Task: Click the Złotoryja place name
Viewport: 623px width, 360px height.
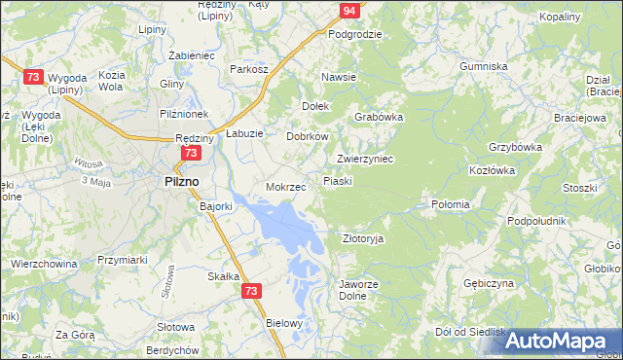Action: pos(364,238)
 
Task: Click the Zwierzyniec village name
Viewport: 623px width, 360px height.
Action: pos(364,159)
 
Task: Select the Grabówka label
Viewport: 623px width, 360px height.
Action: pos(379,117)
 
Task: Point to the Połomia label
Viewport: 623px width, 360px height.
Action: pos(451,204)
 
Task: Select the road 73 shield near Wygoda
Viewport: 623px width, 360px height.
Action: pos(33,77)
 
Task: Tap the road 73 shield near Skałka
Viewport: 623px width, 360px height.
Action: pos(252,291)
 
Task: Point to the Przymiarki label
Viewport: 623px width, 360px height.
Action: pos(123,260)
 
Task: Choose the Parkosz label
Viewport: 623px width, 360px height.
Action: pos(248,69)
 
